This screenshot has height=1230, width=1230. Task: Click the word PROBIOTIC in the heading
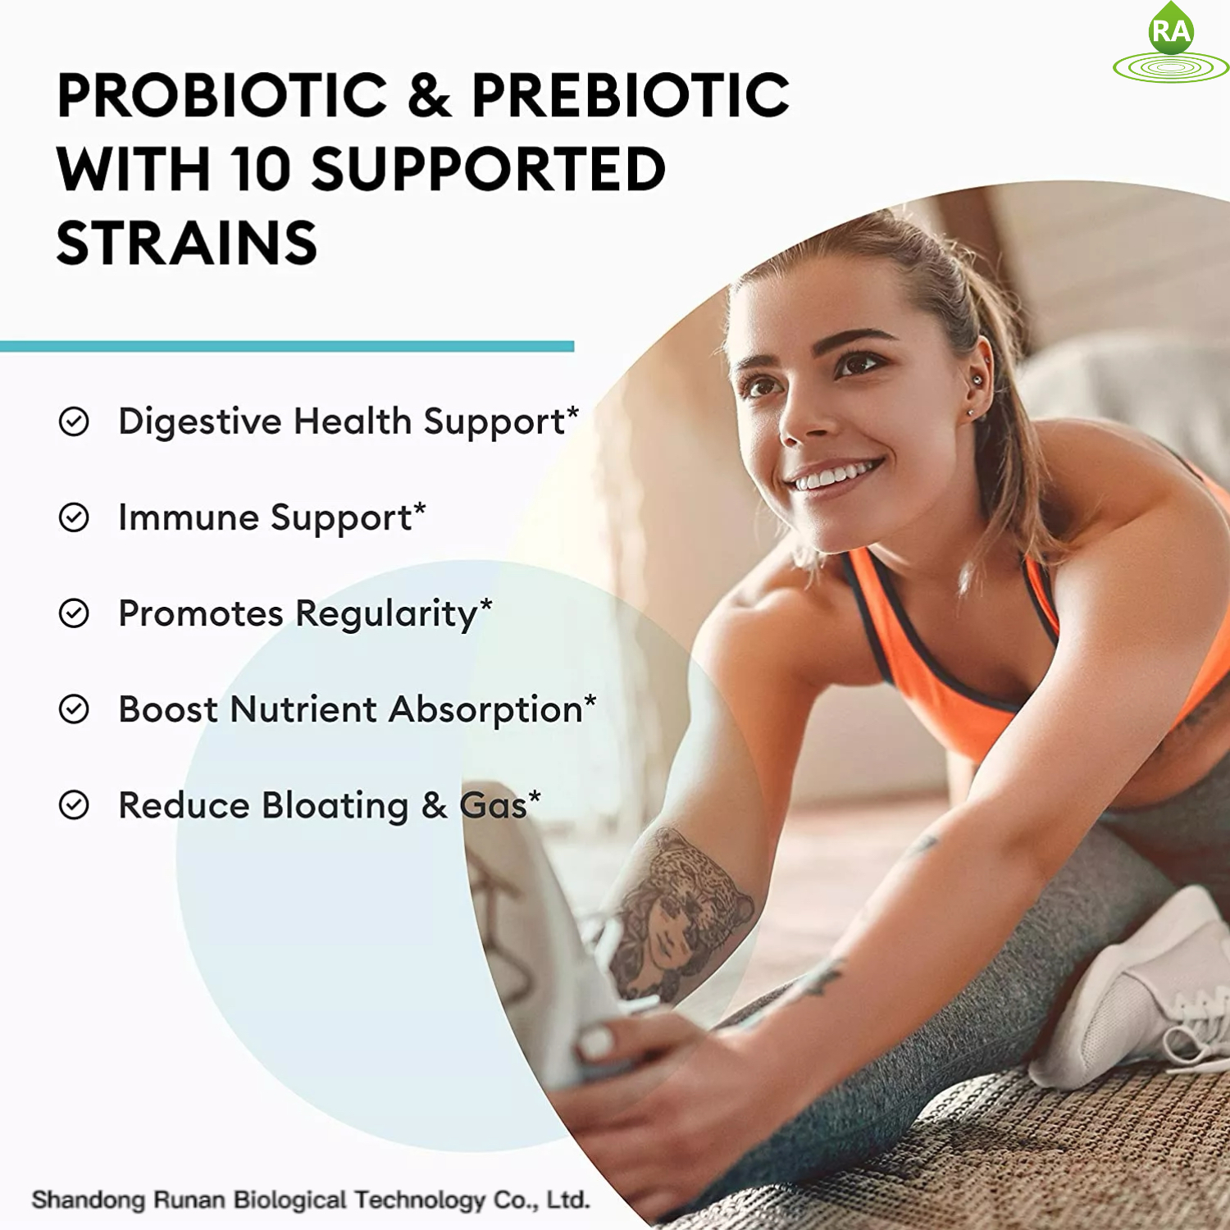(221, 95)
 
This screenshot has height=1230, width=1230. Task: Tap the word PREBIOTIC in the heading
(630, 95)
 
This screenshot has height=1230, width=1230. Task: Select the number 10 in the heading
(260, 169)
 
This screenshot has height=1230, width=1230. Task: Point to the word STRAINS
(187, 244)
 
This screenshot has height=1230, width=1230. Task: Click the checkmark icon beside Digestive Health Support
(74, 421)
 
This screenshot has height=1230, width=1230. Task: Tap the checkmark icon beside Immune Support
(74, 517)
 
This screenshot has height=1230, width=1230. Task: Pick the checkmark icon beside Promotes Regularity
(74, 613)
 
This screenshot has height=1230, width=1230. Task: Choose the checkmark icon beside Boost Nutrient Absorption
(74, 709)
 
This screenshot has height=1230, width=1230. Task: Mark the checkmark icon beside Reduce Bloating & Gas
(74, 805)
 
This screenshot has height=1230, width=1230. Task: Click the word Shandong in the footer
(88, 1200)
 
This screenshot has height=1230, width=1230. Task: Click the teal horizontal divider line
(287, 347)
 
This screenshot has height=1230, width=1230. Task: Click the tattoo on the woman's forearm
(681, 910)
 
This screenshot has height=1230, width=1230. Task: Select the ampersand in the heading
(429, 95)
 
